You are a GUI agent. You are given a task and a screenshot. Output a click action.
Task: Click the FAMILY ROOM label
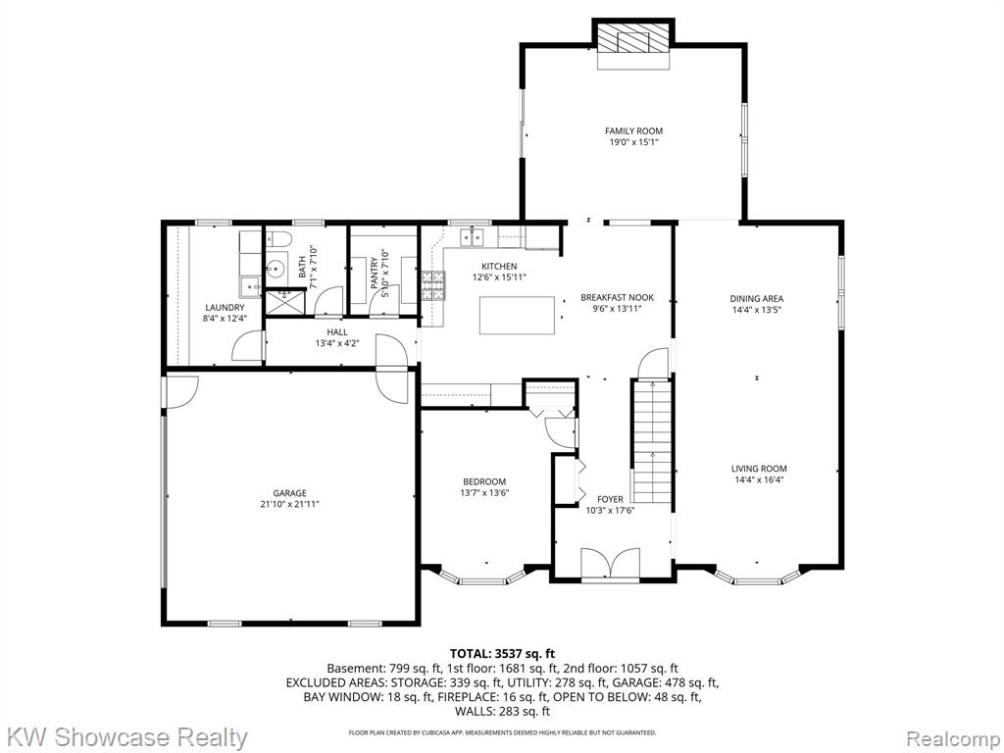click(634, 131)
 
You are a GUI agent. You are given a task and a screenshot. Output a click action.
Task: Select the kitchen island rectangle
click(518, 315)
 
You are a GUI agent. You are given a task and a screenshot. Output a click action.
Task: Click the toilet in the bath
click(278, 239)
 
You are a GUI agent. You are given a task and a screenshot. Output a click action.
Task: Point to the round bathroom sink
click(276, 269)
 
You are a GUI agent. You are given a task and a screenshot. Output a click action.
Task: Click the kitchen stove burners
click(433, 285)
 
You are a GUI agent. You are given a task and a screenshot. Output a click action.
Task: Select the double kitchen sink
click(474, 237)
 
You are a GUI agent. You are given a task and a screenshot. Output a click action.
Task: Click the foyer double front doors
click(610, 564)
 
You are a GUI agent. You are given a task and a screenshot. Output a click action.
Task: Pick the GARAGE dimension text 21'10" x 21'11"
click(290, 504)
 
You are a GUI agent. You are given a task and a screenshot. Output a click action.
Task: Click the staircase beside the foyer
click(652, 441)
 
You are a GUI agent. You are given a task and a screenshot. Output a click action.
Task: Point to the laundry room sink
click(250, 287)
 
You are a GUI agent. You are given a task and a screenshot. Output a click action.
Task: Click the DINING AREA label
click(757, 298)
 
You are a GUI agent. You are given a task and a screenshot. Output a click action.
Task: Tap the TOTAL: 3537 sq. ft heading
click(503, 654)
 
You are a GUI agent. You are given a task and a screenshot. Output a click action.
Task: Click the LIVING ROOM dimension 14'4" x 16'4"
click(760, 478)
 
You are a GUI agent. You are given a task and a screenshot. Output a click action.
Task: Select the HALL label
click(337, 332)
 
